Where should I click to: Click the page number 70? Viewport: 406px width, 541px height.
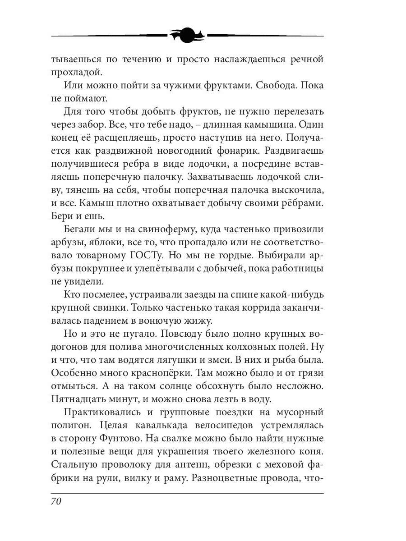click(56, 502)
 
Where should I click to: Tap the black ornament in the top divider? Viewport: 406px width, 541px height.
click(187, 35)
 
